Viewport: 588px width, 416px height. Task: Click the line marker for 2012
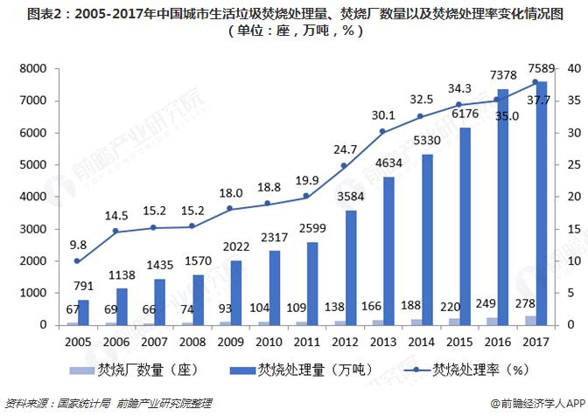[x=344, y=166]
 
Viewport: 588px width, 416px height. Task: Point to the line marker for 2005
[x=77, y=261]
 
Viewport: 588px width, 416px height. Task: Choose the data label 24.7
[x=346, y=149]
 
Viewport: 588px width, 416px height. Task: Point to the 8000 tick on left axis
[x=32, y=69]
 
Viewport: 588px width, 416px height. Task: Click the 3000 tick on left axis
[x=32, y=229]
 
